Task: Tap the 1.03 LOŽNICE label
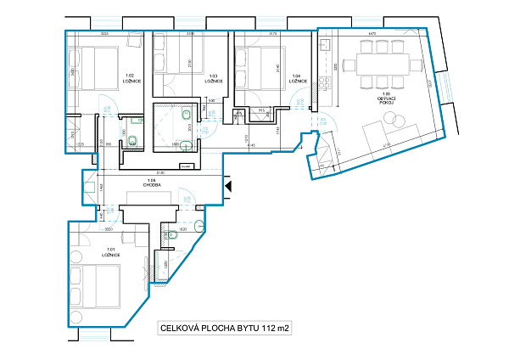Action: (x=215, y=79)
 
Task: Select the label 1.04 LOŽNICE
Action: (x=296, y=79)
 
